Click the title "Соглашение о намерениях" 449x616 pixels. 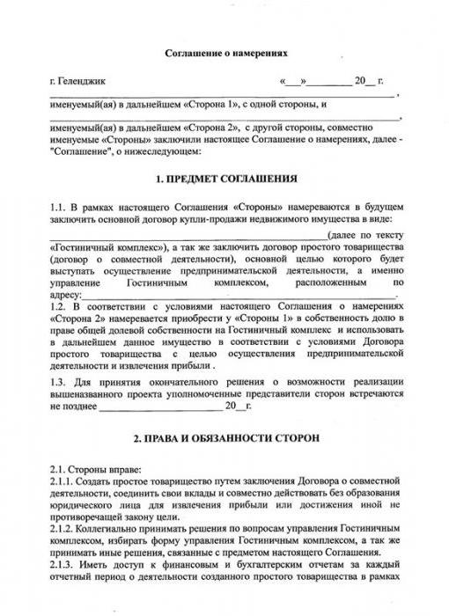pyautogui.click(x=225, y=54)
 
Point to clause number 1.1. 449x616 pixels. pyautogui.click(x=58, y=205)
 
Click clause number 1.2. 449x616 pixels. pyautogui.click(x=58, y=304)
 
